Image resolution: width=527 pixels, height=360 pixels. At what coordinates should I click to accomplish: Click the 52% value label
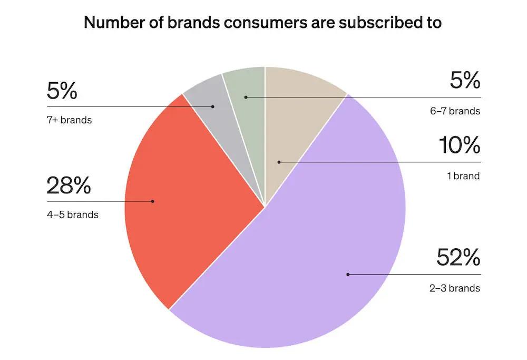[x=458, y=258]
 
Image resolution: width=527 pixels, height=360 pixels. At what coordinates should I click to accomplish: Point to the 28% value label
[x=69, y=186]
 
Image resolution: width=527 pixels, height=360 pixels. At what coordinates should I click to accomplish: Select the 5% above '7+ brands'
[x=62, y=91]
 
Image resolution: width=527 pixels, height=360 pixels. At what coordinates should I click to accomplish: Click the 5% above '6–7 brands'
[x=465, y=81]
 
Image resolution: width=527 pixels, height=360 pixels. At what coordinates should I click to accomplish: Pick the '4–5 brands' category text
[x=73, y=215]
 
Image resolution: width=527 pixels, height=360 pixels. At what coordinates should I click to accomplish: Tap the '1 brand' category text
[x=463, y=176]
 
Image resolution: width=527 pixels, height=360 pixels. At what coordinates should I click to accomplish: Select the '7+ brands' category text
[x=69, y=120]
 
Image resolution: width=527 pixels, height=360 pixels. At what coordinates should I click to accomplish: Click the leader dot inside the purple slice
[x=347, y=274]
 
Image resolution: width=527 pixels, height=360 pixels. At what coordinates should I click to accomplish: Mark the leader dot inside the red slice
[x=153, y=201]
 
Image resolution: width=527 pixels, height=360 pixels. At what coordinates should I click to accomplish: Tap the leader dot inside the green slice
[x=246, y=97]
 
